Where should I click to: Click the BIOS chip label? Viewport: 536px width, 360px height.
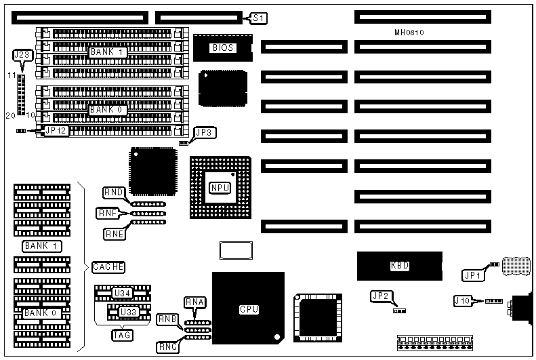(223, 47)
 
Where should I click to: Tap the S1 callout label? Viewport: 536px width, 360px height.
(258, 18)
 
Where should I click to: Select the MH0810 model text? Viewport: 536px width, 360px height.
(409, 33)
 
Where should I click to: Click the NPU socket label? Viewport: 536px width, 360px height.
(220, 188)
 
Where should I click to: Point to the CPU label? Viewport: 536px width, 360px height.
(249, 310)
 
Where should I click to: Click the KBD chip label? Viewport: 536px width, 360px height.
(400, 266)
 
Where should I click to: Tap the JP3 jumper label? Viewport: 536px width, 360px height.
(205, 133)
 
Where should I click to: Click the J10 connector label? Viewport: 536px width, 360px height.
(464, 300)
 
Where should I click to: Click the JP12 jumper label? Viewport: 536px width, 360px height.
(56, 131)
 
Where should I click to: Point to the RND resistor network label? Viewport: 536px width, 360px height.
(113, 193)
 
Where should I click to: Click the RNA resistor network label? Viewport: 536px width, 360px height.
(194, 302)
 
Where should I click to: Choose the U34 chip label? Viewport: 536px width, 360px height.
(122, 293)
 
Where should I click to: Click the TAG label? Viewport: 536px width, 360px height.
(122, 335)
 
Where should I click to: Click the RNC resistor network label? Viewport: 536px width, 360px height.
(167, 347)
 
